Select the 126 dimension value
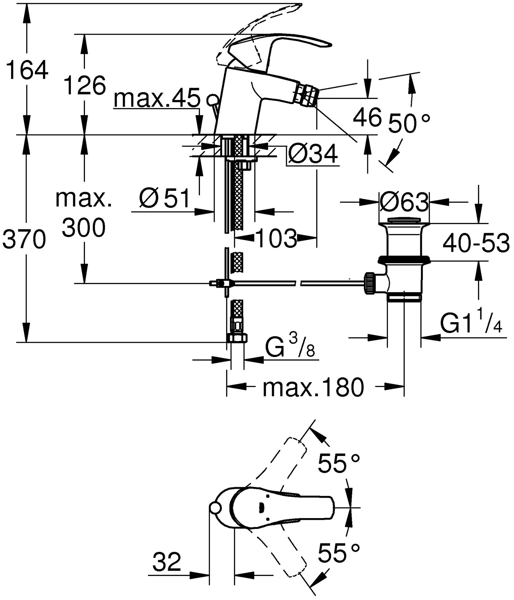point(85,85)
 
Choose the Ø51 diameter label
point(165,198)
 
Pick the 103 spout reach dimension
point(277,238)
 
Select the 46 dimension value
point(367,117)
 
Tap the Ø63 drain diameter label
point(404,202)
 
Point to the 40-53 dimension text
point(476,243)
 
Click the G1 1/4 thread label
point(471,324)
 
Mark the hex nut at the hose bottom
point(237,338)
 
